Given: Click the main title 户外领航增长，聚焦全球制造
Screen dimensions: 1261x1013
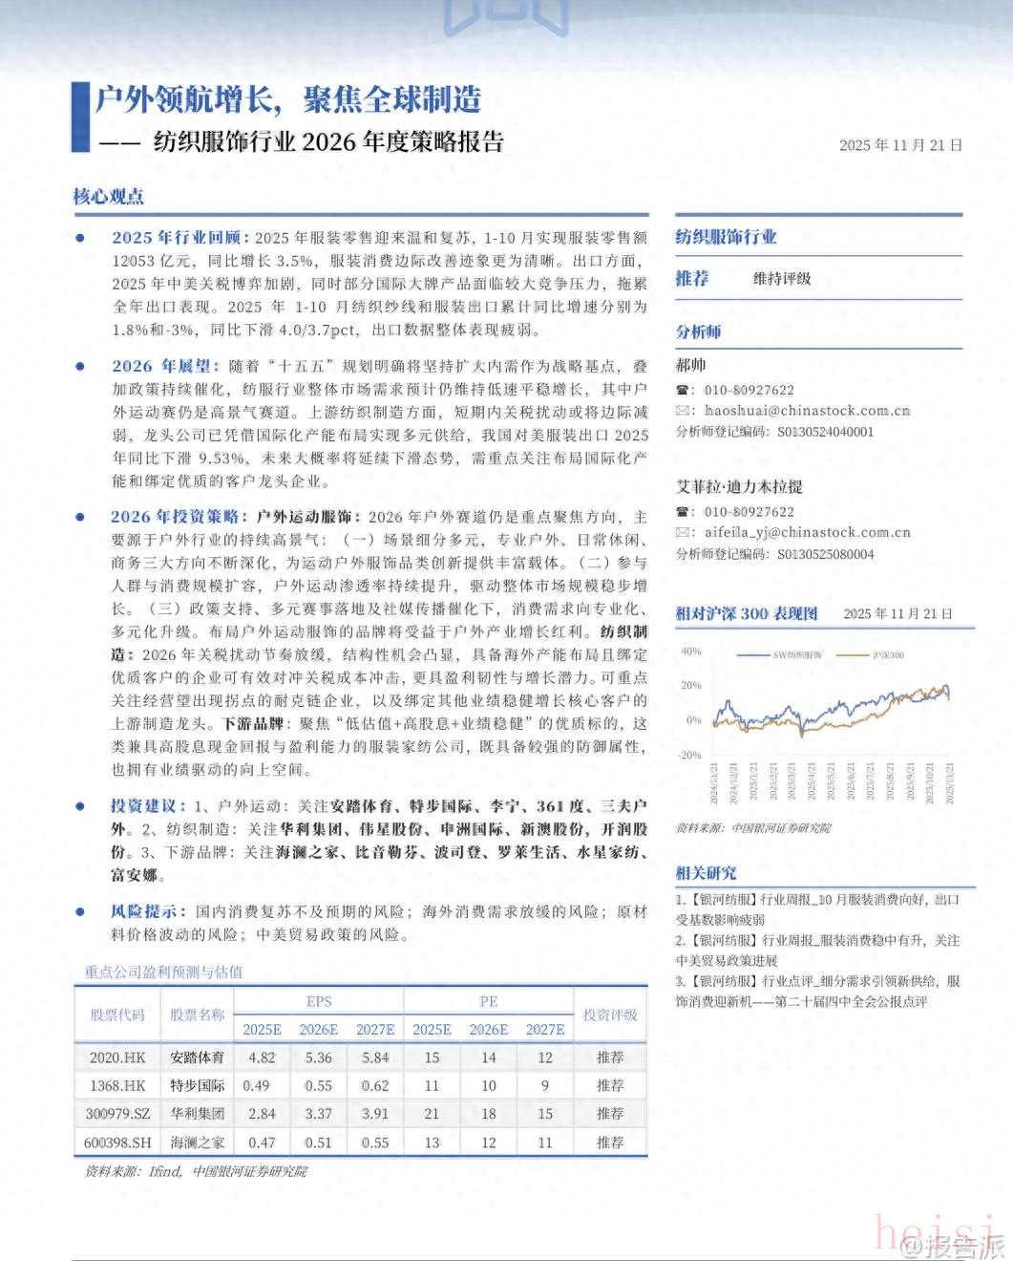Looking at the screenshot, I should (287, 98).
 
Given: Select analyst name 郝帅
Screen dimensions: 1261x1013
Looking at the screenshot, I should (690, 365).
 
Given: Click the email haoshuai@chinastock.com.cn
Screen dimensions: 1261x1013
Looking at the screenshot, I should (807, 410).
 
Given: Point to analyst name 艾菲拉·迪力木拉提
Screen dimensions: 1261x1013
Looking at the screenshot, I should (739, 487).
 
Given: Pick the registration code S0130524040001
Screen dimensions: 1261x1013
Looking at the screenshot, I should (825, 431).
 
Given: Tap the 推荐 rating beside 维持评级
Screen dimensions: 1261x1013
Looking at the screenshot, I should (692, 278).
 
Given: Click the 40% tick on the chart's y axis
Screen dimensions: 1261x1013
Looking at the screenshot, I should (690, 652).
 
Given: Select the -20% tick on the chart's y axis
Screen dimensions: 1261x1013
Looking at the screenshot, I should (689, 755).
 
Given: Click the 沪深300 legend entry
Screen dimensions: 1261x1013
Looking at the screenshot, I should (888, 655).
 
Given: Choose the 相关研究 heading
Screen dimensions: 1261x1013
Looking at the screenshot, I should (706, 872).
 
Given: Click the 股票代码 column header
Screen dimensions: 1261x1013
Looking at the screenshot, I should (117, 1015).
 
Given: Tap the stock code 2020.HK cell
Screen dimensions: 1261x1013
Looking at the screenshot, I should (117, 1058).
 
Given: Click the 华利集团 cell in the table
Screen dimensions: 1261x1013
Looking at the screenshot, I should (198, 1114).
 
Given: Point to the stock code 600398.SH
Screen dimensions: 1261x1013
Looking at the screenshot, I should (117, 1142).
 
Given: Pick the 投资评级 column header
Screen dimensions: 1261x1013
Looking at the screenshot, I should (610, 1015).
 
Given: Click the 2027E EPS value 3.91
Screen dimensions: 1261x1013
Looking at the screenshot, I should (375, 1114).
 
